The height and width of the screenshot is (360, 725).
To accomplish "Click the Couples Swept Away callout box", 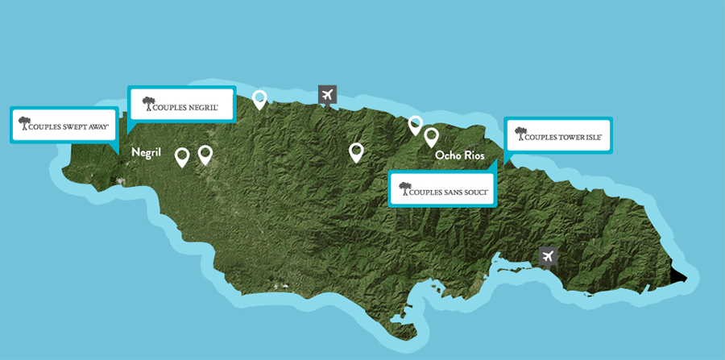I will tap(64, 125).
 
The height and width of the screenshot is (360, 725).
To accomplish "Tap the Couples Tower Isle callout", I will tap(558, 135).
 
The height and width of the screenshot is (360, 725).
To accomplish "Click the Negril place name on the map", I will tap(147, 152).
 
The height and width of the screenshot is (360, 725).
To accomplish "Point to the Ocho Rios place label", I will tap(459, 155).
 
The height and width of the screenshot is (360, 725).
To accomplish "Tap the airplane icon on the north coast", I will tap(327, 95).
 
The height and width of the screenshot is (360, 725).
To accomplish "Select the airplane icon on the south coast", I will tap(548, 257).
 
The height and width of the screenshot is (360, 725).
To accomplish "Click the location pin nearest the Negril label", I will tap(183, 156).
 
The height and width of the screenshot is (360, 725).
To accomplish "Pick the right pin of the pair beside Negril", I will tap(205, 154).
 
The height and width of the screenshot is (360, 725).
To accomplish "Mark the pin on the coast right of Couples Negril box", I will tap(259, 99).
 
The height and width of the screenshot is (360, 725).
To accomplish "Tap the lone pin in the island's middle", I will tap(356, 151).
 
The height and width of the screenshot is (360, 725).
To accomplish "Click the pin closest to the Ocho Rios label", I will tap(431, 136).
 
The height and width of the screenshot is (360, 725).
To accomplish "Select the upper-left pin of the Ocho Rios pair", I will tap(415, 123).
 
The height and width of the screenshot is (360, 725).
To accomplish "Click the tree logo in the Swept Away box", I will tap(24, 122).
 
